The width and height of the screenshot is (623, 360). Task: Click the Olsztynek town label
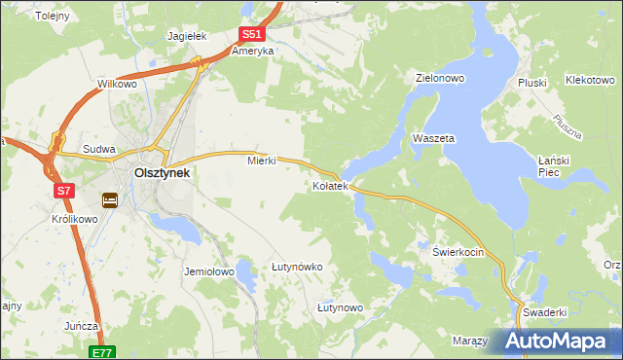[162, 172]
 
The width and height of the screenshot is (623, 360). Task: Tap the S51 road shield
[250, 34]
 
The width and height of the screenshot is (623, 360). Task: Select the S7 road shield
[64, 191]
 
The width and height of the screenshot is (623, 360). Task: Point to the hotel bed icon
[110, 200]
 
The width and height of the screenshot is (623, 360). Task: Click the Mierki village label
[262, 161]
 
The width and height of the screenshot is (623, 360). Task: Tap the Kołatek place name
[330, 185]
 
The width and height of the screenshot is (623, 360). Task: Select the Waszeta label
[433, 139]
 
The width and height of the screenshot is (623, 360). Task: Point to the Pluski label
[533, 83]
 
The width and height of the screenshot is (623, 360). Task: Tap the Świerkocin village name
[458, 250]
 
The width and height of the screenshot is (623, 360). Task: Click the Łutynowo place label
[340, 307]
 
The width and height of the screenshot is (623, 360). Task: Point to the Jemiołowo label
[209, 272]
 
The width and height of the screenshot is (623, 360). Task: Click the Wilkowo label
[117, 85]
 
